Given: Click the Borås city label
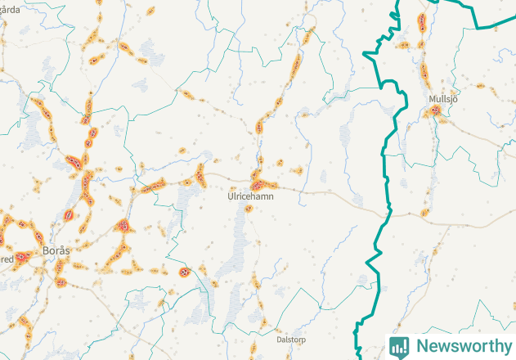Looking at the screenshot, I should (x=54, y=249).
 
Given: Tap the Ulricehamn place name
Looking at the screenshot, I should (x=251, y=196).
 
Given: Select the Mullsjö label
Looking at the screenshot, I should (x=442, y=99).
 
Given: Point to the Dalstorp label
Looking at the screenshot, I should (x=291, y=338).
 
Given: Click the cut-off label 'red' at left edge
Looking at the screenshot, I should (x=7, y=259).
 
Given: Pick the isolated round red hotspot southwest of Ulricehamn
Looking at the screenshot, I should (x=184, y=272).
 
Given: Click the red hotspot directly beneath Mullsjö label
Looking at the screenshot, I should (x=436, y=110).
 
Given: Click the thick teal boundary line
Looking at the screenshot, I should (x=384, y=147).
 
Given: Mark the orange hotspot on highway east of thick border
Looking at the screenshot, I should (x=424, y=213).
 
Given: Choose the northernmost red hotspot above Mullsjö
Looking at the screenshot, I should (x=422, y=20).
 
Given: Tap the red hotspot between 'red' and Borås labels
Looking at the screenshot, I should (x=25, y=255).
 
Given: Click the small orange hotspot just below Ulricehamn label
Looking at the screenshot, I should (x=249, y=207).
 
